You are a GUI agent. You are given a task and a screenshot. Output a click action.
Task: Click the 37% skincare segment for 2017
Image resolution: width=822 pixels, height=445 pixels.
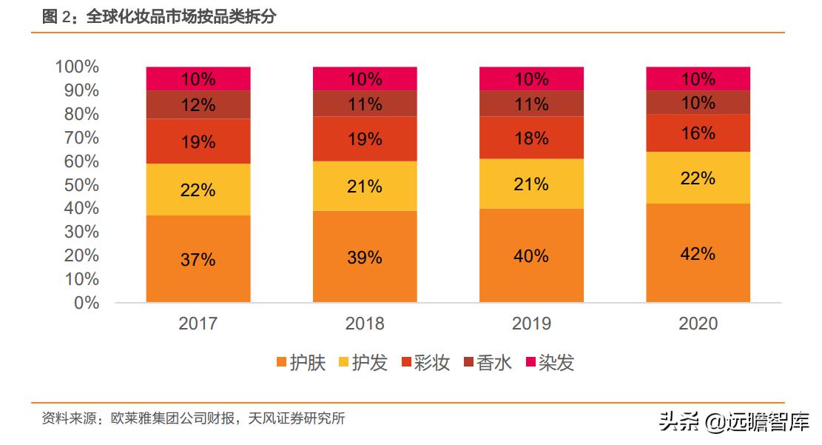point(198,259)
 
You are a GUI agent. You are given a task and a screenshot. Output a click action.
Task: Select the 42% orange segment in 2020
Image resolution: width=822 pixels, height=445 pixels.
point(698,253)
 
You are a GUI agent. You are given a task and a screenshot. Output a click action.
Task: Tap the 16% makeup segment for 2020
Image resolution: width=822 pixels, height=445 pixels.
point(698,133)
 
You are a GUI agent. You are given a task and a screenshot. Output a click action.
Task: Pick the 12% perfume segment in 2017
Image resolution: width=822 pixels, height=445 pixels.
point(198,105)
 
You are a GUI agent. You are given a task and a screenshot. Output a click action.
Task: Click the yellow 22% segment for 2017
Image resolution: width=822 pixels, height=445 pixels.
point(198,190)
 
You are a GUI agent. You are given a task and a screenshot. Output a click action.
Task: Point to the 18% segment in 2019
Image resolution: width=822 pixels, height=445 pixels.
point(531,138)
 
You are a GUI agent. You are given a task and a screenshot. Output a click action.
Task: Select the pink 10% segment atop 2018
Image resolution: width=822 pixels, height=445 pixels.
point(365,78)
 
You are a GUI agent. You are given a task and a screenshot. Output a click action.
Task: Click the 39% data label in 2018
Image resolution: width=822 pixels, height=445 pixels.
point(365,257)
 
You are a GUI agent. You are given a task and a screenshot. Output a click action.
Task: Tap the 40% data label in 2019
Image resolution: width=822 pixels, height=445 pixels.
point(531,256)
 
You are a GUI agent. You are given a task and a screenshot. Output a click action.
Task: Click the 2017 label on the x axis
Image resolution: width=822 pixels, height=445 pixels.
point(198,324)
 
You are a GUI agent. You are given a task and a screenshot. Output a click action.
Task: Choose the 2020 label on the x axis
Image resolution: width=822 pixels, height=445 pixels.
point(698,324)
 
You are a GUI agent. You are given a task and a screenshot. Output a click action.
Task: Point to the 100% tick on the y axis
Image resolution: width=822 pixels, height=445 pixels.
point(77,67)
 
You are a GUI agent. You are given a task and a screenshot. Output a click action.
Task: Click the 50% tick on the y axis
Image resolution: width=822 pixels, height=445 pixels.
point(81,184)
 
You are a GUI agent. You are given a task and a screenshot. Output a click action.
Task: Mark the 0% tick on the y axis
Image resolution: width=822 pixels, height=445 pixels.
point(86,302)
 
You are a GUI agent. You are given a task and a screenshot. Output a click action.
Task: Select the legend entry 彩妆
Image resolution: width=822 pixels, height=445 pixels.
point(425,363)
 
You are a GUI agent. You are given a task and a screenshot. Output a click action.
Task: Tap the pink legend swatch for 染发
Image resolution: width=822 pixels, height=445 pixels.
point(530,363)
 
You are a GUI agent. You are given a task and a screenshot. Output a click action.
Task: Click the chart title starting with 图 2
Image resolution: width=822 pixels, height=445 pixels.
point(158,16)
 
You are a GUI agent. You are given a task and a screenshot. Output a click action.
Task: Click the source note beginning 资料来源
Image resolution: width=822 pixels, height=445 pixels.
point(193,418)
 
